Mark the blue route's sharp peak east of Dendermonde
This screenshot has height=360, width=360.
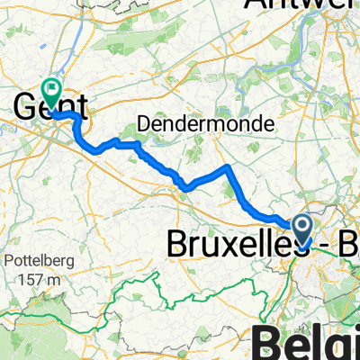(x=229, y=167)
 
